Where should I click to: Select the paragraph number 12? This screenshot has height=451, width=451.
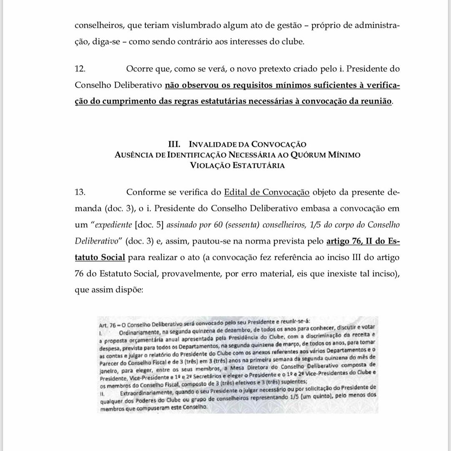click(80, 68)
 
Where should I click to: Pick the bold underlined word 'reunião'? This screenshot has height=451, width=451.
click(375, 102)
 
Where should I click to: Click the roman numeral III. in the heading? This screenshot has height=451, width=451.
click(174, 145)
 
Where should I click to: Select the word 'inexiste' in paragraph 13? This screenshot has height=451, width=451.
click(339, 275)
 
